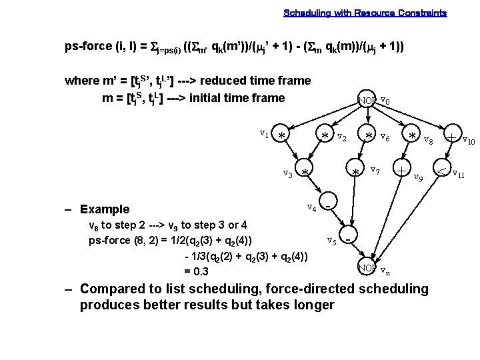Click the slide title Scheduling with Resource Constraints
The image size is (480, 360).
[x=365, y=13]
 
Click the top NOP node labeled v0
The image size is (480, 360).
[x=367, y=101]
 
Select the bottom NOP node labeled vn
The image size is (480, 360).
[x=367, y=268]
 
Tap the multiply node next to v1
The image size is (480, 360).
[x=282, y=135]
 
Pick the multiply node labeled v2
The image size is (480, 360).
[x=325, y=135]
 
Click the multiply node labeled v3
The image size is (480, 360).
[x=305, y=173]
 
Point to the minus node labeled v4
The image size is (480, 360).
[x=328, y=205]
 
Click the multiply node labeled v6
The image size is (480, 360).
[x=368, y=135]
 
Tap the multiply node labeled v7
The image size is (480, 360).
[x=357, y=172]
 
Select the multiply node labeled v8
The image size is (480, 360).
[x=413, y=136]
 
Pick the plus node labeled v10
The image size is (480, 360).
[x=452, y=136]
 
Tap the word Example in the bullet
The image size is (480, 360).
[x=105, y=209]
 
